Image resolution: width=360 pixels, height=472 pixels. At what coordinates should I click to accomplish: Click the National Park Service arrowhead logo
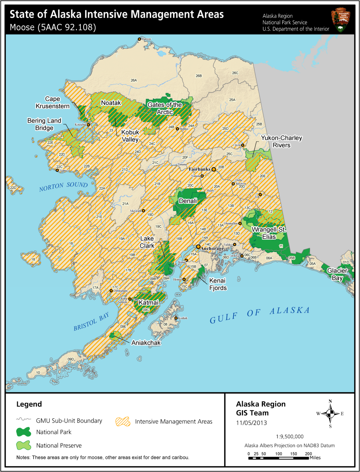(x=340, y=20)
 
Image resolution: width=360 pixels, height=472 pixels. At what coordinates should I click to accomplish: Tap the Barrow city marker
(x=139, y=39)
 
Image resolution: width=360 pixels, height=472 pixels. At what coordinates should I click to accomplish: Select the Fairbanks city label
(x=200, y=169)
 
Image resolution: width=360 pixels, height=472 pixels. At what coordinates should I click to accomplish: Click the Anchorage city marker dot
(x=198, y=247)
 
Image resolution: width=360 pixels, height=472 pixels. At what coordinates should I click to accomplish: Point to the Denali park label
(x=188, y=201)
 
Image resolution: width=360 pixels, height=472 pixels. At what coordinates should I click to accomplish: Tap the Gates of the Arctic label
(x=165, y=108)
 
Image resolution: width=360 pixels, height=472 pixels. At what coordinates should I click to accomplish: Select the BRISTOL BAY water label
(x=91, y=322)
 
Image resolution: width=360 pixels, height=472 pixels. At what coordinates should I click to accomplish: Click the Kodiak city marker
(x=176, y=318)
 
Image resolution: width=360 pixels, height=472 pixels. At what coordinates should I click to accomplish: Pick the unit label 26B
(x=199, y=76)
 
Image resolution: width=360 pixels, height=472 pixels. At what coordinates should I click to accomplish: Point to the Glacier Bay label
(x=337, y=274)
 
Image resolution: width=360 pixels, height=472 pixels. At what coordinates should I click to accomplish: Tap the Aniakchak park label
(x=146, y=343)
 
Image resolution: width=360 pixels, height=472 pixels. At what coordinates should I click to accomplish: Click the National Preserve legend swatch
(x=24, y=445)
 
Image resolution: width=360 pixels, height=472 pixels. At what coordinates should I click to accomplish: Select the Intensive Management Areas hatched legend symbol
(x=123, y=422)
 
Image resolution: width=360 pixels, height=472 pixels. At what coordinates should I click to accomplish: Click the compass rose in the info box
(x=330, y=414)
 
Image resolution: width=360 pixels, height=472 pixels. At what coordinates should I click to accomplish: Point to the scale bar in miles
(x=279, y=458)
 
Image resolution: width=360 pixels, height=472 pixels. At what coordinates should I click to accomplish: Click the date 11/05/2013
(x=251, y=423)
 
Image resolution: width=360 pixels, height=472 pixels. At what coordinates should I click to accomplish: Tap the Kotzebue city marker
(x=89, y=125)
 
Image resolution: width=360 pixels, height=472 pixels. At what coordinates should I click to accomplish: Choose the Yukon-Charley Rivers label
(x=281, y=141)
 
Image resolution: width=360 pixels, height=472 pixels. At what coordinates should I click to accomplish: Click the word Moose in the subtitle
(x=22, y=27)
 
